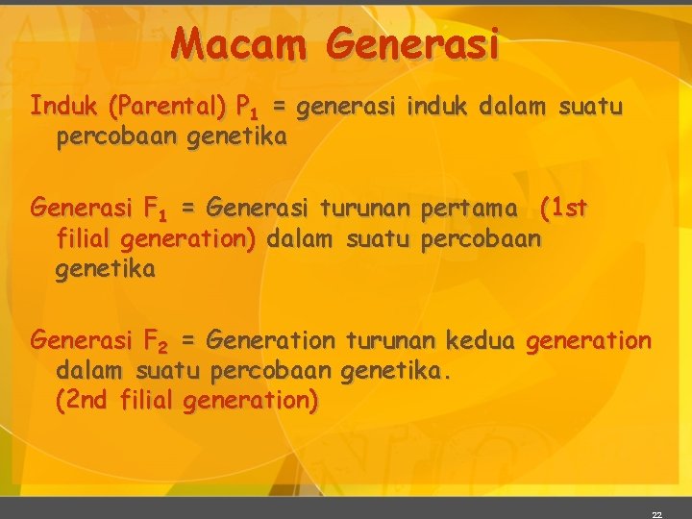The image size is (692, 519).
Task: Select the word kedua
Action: [482, 339]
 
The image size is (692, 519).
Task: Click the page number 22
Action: [656, 515]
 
